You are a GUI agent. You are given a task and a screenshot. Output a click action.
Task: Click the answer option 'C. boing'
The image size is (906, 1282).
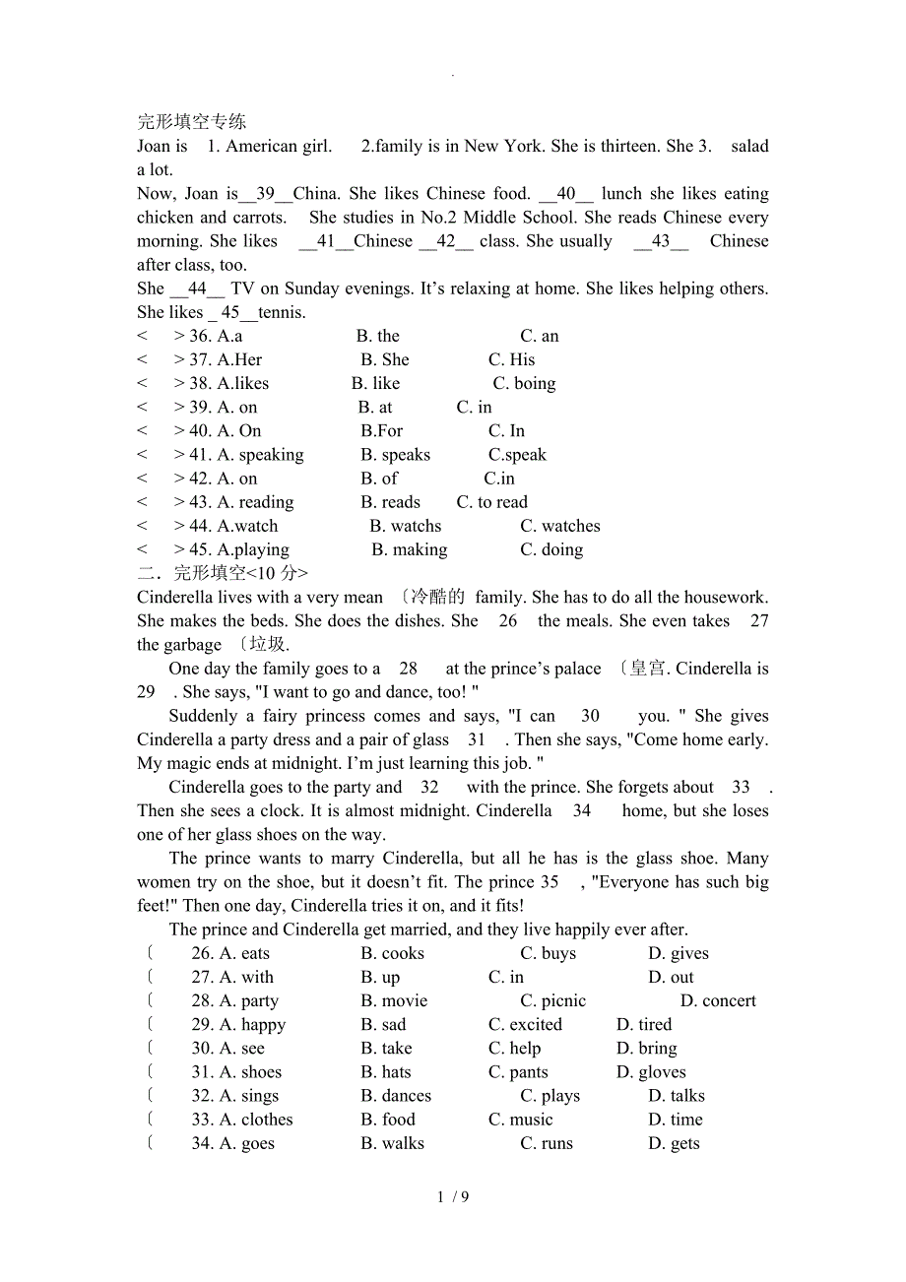point(524,383)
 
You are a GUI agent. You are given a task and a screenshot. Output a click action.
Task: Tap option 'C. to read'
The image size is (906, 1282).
point(491,502)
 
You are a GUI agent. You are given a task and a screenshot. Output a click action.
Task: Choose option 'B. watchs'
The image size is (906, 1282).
point(405,526)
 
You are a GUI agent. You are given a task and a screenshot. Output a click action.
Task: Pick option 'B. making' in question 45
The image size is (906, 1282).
point(409,549)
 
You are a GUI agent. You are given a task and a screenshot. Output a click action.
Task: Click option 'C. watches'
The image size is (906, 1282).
point(559,526)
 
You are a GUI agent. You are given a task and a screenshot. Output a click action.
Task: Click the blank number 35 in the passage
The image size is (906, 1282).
point(550,882)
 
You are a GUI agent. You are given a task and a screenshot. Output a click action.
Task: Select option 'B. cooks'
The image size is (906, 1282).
point(392,953)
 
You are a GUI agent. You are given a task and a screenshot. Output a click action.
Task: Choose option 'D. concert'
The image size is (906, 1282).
point(718,1000)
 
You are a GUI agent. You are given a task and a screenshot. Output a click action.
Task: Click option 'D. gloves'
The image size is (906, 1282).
point(651,1072)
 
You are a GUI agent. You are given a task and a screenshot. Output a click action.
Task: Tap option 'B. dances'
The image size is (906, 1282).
point(396,1096)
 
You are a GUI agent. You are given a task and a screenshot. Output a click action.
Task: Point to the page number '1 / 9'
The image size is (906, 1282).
point(453,1197)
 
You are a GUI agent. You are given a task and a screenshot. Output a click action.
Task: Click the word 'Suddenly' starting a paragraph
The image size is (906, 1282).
point(203,716)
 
